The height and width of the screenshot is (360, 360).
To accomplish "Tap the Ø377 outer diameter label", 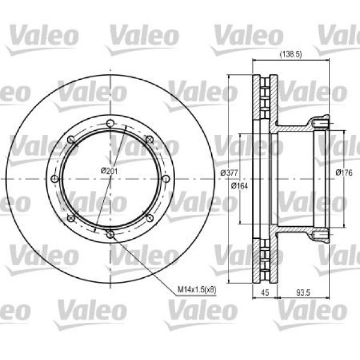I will (228, 173).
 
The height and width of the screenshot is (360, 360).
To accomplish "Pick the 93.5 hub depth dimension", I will (304, 293).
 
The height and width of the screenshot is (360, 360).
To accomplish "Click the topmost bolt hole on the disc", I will (110, 124).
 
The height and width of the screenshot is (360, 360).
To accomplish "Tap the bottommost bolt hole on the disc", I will (110, 234).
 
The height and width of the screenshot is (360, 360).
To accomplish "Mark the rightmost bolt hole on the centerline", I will (165, 179).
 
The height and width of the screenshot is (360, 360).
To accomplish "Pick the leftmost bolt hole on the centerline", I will (55, 179).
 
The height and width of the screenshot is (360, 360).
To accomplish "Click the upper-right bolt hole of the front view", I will (149, 140).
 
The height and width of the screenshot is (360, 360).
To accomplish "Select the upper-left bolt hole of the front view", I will (71, 140).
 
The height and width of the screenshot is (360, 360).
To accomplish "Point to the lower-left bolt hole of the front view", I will (71, 218).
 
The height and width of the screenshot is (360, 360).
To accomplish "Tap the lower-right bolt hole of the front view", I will (149, 218).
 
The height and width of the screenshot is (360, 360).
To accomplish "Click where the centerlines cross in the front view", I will (110, 179).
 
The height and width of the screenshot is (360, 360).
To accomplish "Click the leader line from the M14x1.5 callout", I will (144, 264).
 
